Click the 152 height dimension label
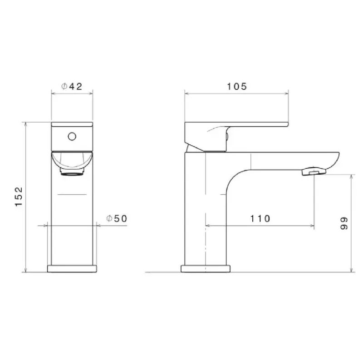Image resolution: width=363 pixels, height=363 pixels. (19, 196)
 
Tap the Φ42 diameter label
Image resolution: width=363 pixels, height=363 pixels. (72, 87)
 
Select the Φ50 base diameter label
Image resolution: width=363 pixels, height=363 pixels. (117, 219)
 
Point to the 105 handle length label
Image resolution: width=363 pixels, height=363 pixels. (236, 87)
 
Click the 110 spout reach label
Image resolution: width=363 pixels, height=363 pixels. (260, 219)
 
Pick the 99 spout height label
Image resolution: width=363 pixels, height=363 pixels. (344, 223)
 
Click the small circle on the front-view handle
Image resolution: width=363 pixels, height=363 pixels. (72, 137)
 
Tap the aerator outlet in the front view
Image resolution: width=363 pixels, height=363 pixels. (72, 172)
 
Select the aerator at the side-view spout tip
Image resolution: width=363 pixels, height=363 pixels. (314, 172)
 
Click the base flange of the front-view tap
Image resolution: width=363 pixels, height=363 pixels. (72, 269)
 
